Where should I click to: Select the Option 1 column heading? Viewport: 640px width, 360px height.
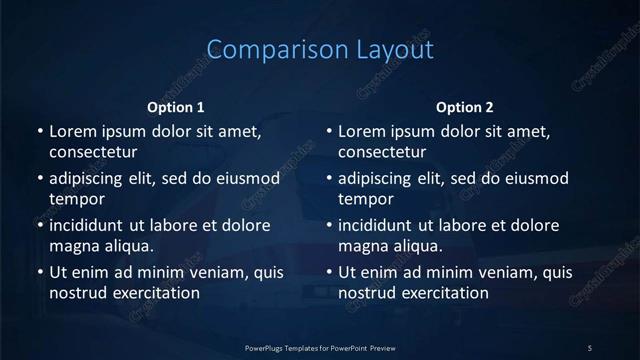click(176, 107)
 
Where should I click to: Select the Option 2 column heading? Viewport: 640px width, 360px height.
click(465, 107)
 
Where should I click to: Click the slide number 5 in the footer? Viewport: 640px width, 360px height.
click(590, 347)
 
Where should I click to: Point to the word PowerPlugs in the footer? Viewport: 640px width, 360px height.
click(268, 347)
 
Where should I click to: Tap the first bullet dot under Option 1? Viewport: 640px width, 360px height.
click(39, 131)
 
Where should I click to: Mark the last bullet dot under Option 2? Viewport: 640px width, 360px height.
click(329, 272)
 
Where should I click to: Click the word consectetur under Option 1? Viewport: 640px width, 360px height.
click(93, 152)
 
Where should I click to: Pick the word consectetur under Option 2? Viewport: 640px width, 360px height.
click(383, 152)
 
